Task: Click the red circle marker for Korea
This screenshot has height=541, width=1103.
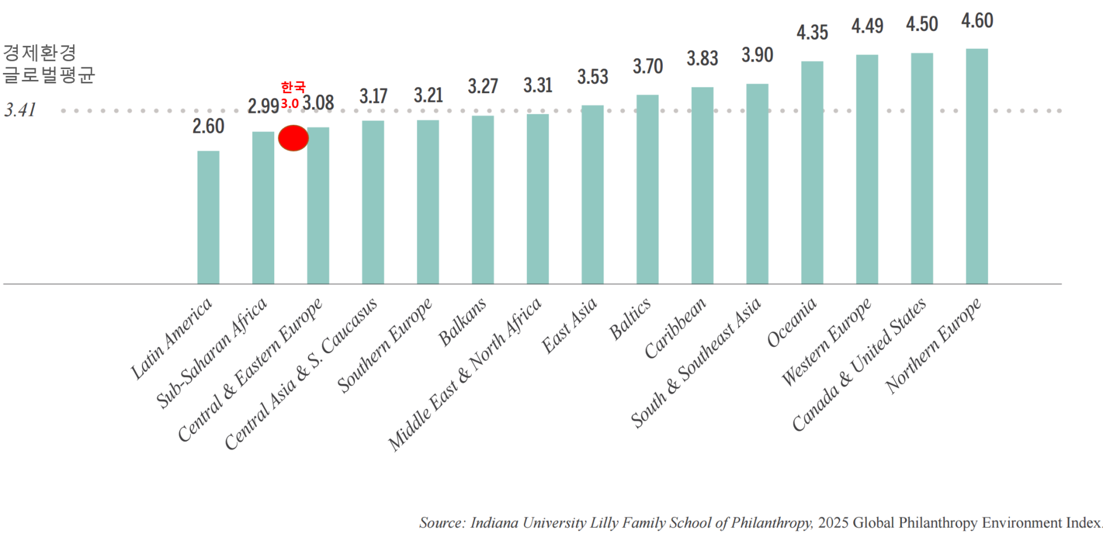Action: pos(294,138)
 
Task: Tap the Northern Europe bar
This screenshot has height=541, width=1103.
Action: pos(977,167)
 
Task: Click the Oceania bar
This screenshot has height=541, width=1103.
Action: pos(812,172)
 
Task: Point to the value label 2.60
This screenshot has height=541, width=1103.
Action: pos(208,126)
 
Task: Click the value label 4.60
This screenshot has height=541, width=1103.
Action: pos(977,21)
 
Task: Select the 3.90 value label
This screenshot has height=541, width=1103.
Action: pos(757,55)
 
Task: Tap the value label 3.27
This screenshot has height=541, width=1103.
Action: pos(483,86)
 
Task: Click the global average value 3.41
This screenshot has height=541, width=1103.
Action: pos(20,110)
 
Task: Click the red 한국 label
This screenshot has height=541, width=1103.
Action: pos(293,87)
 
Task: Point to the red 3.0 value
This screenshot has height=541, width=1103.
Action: pos(290,104)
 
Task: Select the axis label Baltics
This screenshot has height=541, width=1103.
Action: pos(630,319)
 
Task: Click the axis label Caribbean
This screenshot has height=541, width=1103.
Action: pos(674,328)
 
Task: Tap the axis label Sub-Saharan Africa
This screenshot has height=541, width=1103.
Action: pos(212,352)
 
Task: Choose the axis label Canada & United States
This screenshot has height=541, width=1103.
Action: pos(859,364)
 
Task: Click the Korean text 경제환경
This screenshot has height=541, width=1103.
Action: pos(40,53)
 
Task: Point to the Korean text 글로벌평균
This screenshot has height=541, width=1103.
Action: pos(49,75)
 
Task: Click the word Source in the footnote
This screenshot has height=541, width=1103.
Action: pos(441,523)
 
